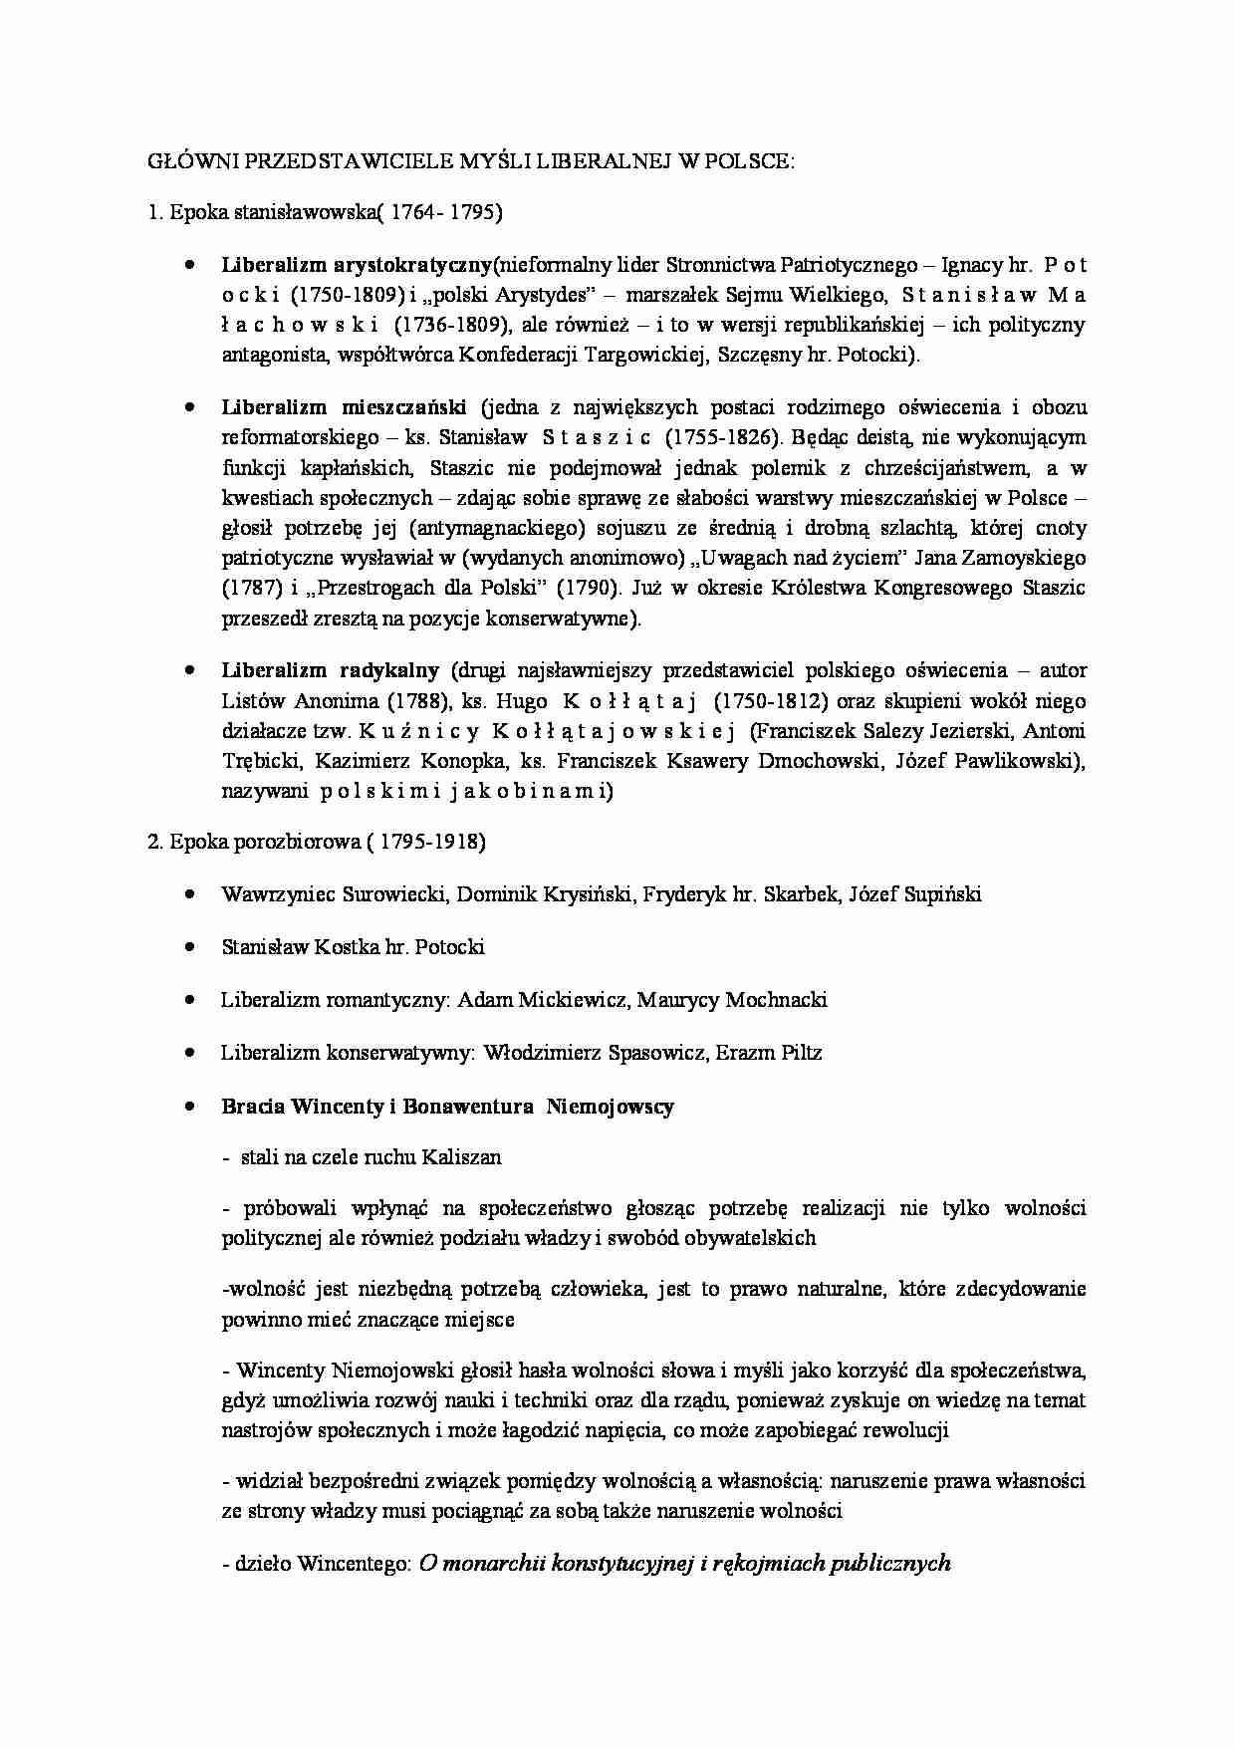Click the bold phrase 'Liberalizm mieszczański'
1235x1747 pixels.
344,407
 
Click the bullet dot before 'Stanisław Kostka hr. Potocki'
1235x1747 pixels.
190,947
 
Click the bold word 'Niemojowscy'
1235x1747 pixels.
610,1107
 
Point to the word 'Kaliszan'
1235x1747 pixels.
461,1157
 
